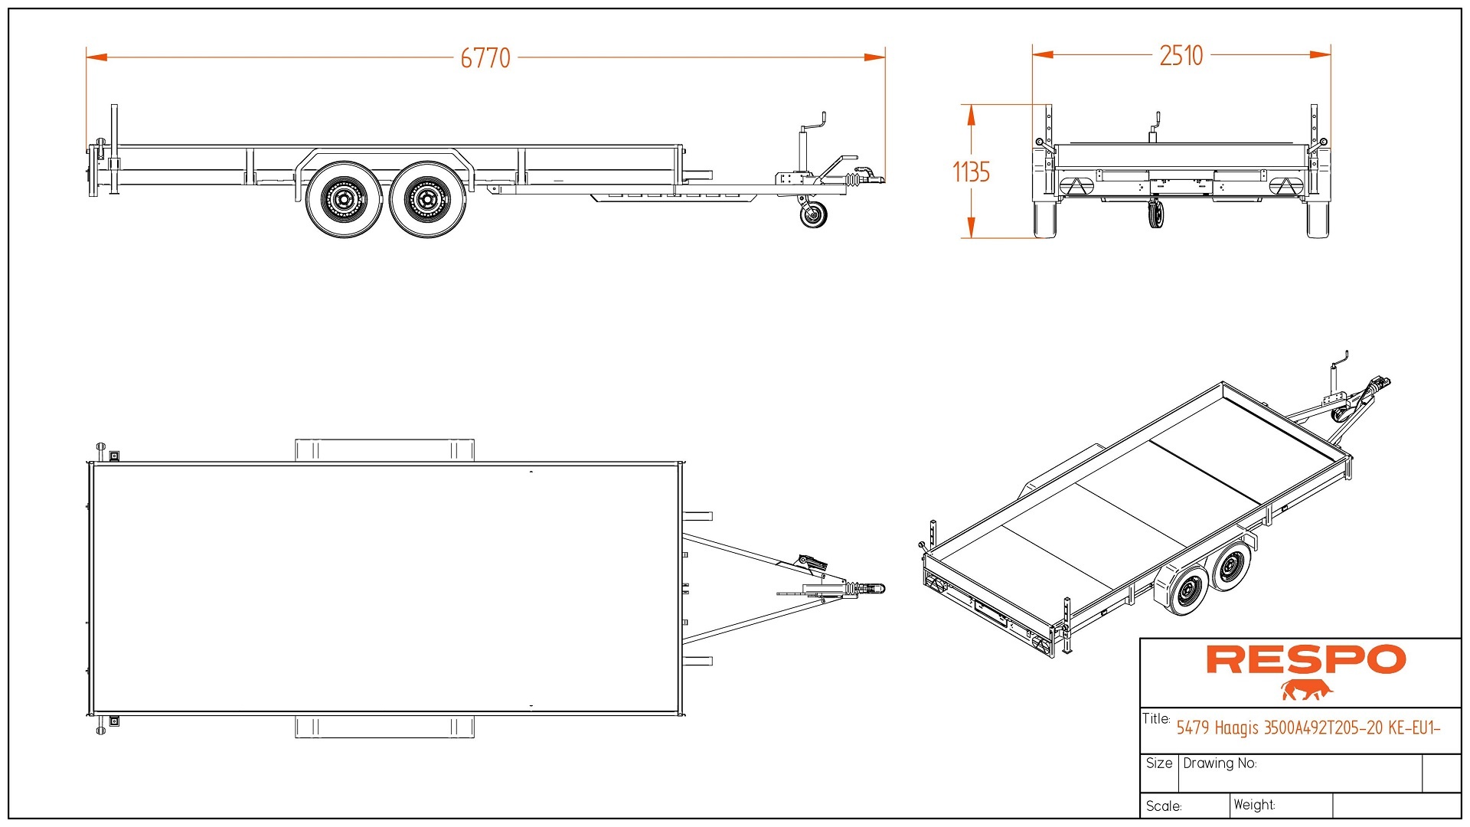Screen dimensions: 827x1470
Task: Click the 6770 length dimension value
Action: pyautogui.click(x=485, y=58)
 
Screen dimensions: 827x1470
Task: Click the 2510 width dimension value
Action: pyautogui.click(x=1181, y=56)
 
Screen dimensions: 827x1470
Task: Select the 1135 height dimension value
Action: pyautogui.click(x=971, y=172)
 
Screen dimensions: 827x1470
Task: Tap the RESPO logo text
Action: pyautogui.click(x=1305, y=660)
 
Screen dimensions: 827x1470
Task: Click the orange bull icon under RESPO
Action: pyautogui.click(x=1307, y=690)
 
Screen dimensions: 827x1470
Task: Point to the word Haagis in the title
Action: pyautogui.click(x=1236, y=727)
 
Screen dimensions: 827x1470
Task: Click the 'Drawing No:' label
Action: pyautogui.click(x=1219, y=763)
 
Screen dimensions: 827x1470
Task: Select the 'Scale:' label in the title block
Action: pyautogui.click(x=1163, y=806)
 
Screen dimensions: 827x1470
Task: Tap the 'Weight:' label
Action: pyautogui.click(x=1253, y=805)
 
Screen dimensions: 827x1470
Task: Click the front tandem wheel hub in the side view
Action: pyautogui.click(x=427, y=200)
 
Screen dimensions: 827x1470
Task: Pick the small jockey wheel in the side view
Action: pyautogui.click(x=813, y=215)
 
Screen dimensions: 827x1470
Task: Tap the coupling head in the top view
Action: pyautogui.click(x=875, y=589)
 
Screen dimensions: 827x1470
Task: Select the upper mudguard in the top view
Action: pyautogui.click(x=384, y=449)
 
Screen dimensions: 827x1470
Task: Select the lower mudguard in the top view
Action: pyautogui.click(x=384, y=727)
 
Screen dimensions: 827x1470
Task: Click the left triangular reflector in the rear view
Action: pyautogui.click(x=1076, y=185)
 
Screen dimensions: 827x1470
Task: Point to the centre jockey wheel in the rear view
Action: pyautogui.click(x=1156, y=214)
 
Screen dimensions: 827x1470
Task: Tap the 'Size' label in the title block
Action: pyautogui.click(x=1158, y=763)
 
